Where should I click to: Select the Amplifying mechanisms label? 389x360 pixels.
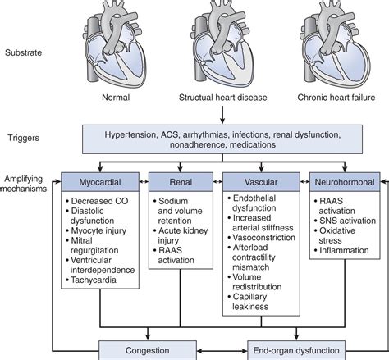click(32, 185)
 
